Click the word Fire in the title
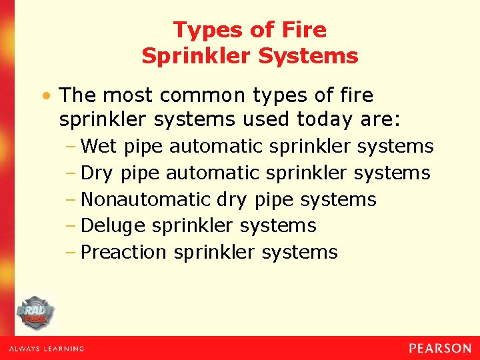coord(304,30)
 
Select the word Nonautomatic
coord(145,199)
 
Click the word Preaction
coord(123,253)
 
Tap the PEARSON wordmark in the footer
coord(440,348)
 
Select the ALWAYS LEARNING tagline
coord(47,349)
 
